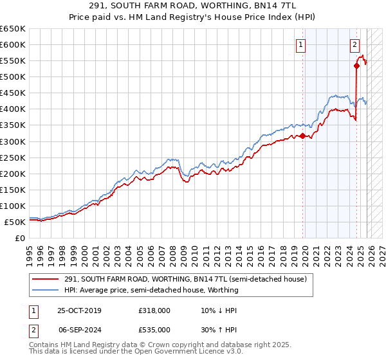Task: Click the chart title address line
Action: pyautogui.click(x=193, y=6)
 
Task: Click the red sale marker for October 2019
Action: pyautogui.click(x=302, y=136)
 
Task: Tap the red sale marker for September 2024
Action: pyautogui.click(x=356, y=66)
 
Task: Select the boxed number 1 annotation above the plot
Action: pyautogui.click(x=301, y=44)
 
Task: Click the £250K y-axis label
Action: pyautogui.click(x=13, y=157)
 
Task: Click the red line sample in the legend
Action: pyautogui.click(x=46, y=279)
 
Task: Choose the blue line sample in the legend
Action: pyautogui.click(x=46, y=290)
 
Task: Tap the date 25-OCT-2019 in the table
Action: pyautogui.click(x=78, y=310)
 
